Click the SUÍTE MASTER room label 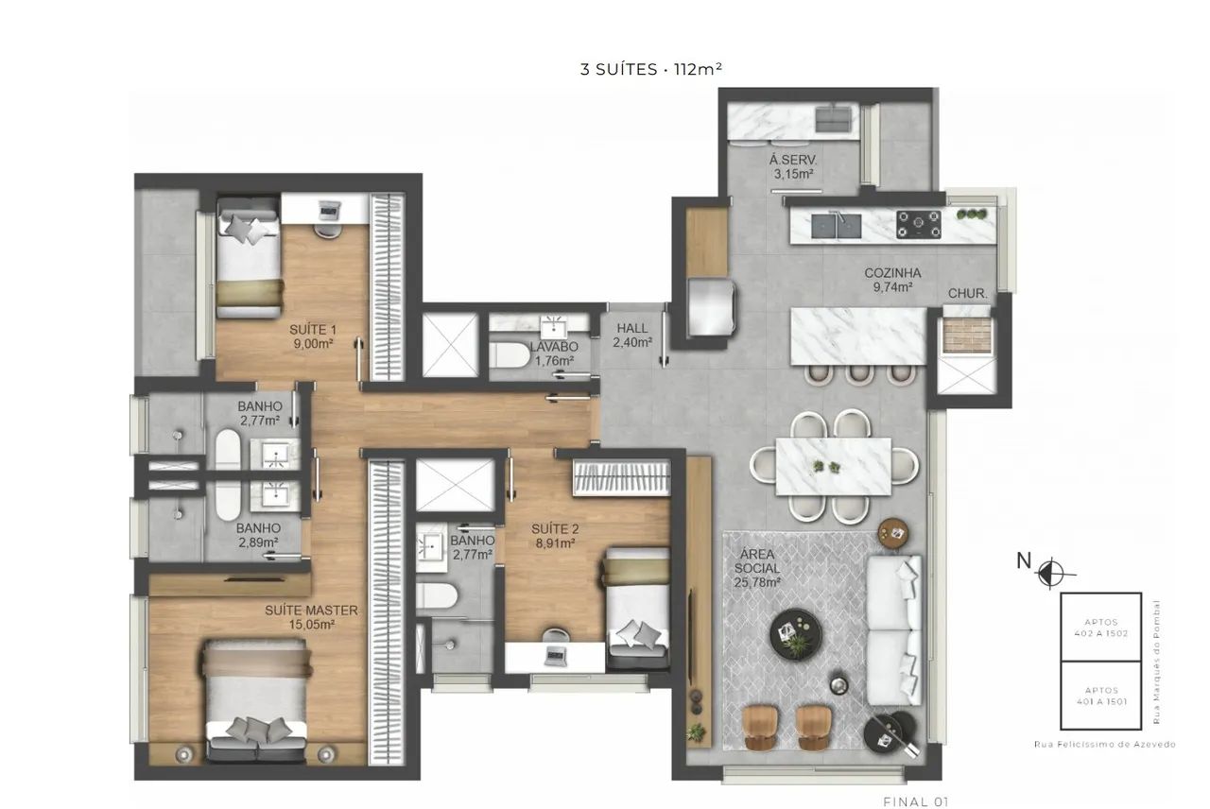[x=311, y=611]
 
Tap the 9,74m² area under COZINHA [x=893, y=287]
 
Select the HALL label [x=632, y=328]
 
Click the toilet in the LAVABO [x=510, y=354]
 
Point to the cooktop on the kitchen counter [x=919, y=225]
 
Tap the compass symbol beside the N [x=1050, y=573]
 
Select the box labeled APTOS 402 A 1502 [x=1101, y=627]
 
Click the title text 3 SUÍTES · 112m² [x=651, y=69]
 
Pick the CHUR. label [x=967, y=294]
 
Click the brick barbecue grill [x=967, y=335]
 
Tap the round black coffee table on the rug [x=796, y=634]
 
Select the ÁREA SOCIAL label [x=757, y=561]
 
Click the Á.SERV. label [x=793, y=161]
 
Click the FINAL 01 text [x=916, y=802]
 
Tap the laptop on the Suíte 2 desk [x=555, y=655]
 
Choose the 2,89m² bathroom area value [x=258, y=542]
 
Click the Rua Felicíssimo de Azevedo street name [x=1105, y=744]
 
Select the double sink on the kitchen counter [x=837, y=226]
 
